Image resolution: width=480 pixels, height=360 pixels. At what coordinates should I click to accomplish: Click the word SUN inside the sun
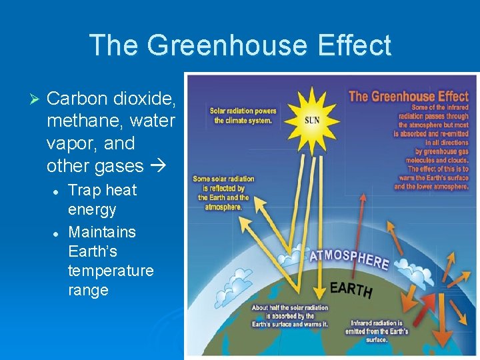(x=312, y=121)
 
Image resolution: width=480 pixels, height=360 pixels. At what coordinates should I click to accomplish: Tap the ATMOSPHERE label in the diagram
(x=349, y=257)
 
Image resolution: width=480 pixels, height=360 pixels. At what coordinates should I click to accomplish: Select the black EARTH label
(x=351, y=289)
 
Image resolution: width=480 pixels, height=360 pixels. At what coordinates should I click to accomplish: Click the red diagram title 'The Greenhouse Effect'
(x=407, y=96)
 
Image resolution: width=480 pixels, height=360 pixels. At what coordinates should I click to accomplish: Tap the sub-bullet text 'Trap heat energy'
(x=101, y=199)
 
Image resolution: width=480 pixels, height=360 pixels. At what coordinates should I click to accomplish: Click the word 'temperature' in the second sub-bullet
(x=110, y=271)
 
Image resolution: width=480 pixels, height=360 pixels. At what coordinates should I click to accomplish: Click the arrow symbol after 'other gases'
(x=157, y=166)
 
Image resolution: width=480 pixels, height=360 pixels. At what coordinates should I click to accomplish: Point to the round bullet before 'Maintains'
(x=57, y=233)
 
